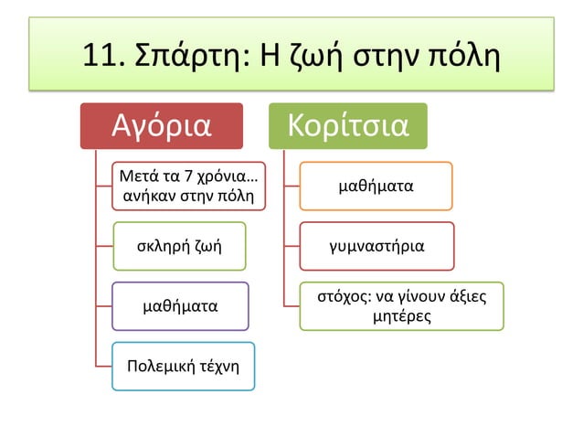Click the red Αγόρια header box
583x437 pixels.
click(x=161, y=126)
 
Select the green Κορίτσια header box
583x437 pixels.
click(x=347, y=126)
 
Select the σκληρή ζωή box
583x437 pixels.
click(x=179, y=246)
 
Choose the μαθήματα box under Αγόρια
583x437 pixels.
click(x=179, y=306)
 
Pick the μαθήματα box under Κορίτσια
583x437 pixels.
click(x=376, y=187)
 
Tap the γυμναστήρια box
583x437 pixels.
click(x=376, y=246)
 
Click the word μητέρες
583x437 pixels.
click(x=402, y=315)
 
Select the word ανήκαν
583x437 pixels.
click(x=146, y=195)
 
